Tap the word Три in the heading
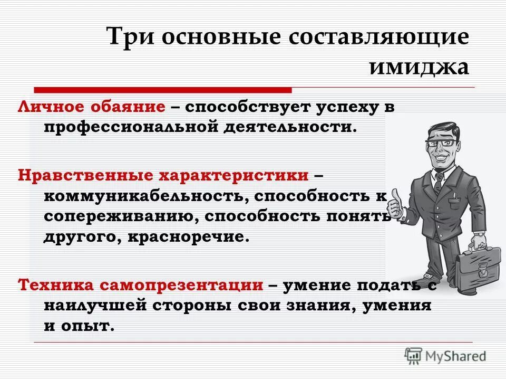point(128,38)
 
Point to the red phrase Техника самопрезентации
point(141,285)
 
